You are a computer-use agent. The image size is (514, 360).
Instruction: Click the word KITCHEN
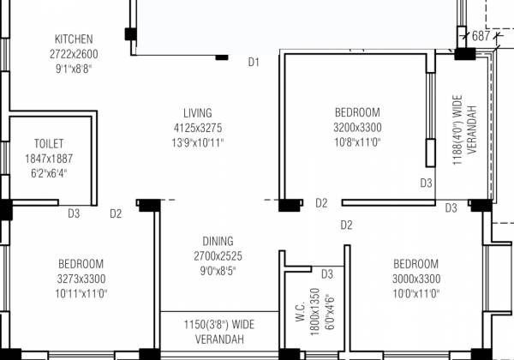pyautogui.click(x=74, y=39)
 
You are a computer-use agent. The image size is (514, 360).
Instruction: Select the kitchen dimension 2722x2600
pyautogui.click(x=74, y=54)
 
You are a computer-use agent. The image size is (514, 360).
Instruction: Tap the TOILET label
pyautogui.click(x=49, y=144)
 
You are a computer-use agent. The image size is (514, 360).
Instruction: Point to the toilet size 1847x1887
pyautogui.click(x=49, y=159)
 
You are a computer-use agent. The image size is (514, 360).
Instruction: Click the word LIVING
pyautogui.click(x=197, y=113)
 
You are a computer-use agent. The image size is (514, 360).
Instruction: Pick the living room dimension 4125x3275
pyautogui.click(x=197, y=128)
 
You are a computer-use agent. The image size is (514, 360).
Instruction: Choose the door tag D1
pyautogui.click(x=254, y=62)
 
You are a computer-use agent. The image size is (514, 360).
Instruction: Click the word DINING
pyautogui.click(x=218, y=242)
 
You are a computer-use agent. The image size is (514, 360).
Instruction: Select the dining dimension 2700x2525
pyautogui.click(x=218, y=256)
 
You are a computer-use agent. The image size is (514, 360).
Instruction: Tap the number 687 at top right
pyautogui.click(x=481, y=36)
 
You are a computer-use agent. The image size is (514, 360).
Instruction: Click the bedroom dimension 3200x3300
pyautogui.click(x=357, y=128)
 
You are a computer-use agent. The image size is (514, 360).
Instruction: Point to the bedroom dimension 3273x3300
pyautogui.click(x=81, y=279)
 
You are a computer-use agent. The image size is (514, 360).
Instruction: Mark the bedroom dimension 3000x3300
pyautogui.click(x=416, y=279)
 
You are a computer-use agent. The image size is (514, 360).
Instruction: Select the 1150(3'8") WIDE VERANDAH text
pyautogui.click(x=219, y=325)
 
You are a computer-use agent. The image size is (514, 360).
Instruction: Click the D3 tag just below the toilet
pyautogui.click(x=74, y=213)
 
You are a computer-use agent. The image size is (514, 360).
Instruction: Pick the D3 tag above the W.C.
pyautogui.click(x=327, y=274)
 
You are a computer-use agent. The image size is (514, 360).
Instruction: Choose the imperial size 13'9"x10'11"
pyautogui.click(x=197, y=142)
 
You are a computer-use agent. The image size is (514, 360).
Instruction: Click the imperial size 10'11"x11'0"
pyautogui.click(x=81, y=293)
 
